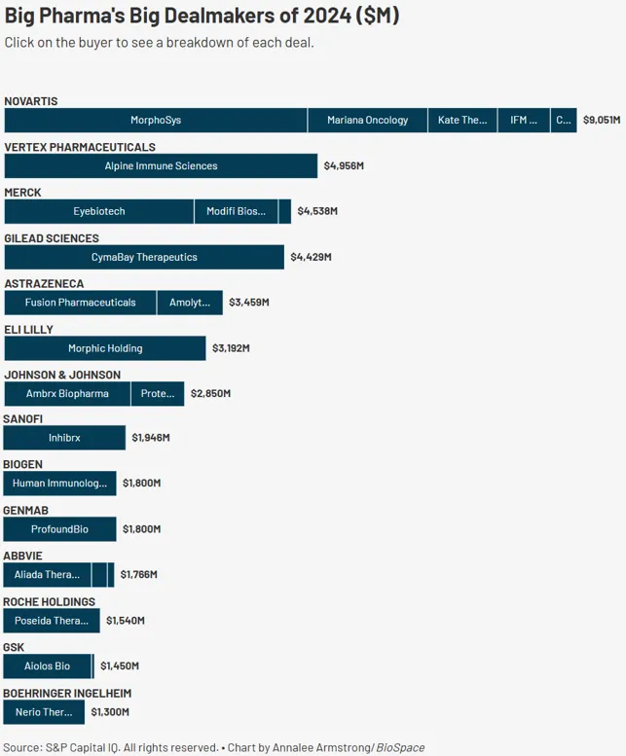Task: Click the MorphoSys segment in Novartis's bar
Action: (x=156, y=121)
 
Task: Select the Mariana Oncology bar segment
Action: (x=367, y=121)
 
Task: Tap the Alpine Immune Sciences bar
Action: (x=161, y=166)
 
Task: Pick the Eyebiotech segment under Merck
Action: (x=98, y=211)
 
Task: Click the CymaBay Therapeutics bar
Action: (x=144, y=257)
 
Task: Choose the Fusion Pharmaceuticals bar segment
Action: (x=80, y=303)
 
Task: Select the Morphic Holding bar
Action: (x=105, y=348)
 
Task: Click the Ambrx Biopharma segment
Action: (x=66, y=394)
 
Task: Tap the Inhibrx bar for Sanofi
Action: (x=64, y=439)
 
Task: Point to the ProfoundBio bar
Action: (x=59, y=529)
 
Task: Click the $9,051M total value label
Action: (x=602, y=121)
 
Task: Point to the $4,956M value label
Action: (x=344, y=166)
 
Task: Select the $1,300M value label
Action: (x=110, y=712)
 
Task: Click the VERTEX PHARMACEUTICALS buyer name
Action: (x=80, y=147)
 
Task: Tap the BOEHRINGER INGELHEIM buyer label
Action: (x=67, y=693)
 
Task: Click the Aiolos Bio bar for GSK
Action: (x=47, y=666)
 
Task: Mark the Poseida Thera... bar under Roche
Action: (x=51, y=621)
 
